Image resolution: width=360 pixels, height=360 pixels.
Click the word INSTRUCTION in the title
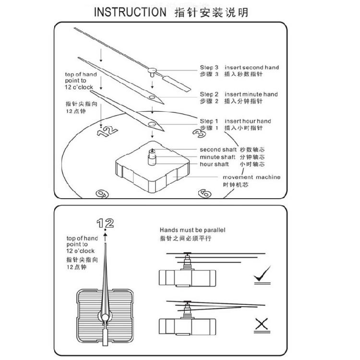pyautogui.click(x=129, y=12)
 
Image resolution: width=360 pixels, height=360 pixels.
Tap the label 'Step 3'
pyautogui.click(x=209, y=68)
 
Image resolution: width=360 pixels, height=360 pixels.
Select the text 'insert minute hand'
pyautogui.click(x=251, y=95)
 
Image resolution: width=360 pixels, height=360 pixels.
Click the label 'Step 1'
pyautogui.click(x=209, y=121)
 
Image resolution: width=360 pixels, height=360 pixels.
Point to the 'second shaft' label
pyautogui.click(x=217, y=149)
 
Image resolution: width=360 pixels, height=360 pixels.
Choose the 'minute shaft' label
pyautogui.click(x=217, y=157)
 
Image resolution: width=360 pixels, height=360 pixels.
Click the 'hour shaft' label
pyautogui.click(x=215, y=164)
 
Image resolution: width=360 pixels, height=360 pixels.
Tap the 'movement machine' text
pyautogui.click(x=251, y=177)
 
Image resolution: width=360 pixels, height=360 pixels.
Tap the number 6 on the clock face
pyautogui.click(x=204, y=193)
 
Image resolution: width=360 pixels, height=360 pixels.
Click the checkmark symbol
pyautogui.click(x=262, y=274)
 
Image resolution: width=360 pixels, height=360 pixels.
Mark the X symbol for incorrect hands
pyautogui.click(x=262, y=325)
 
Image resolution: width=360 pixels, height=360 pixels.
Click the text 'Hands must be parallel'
pyautogui.click(x=192, y=230)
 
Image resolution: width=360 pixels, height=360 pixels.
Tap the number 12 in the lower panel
pyautogui.click(x=105, y=222)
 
